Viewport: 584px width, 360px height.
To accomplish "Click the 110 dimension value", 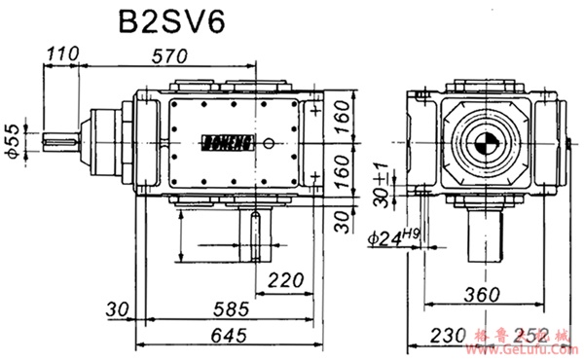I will point(62,54).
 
